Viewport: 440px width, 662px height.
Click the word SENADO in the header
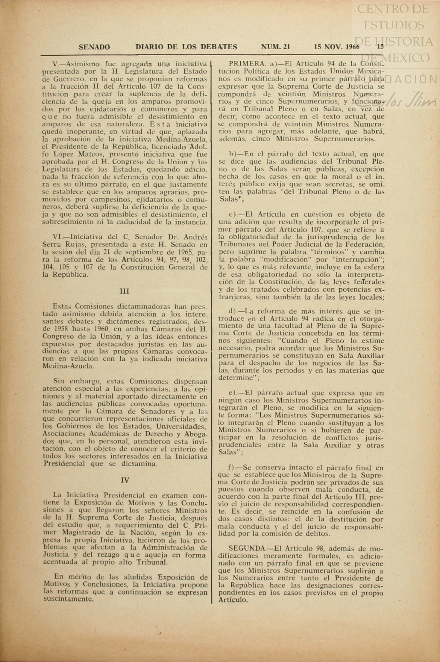coord(94,47)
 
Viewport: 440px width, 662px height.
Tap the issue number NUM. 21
coord(275,47)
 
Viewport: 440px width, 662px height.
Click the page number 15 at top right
coord(380,47)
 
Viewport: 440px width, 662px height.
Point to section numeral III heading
coord(124,291)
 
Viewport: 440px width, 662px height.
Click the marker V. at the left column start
coord(57,64)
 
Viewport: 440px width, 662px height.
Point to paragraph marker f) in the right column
coord(232,468)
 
